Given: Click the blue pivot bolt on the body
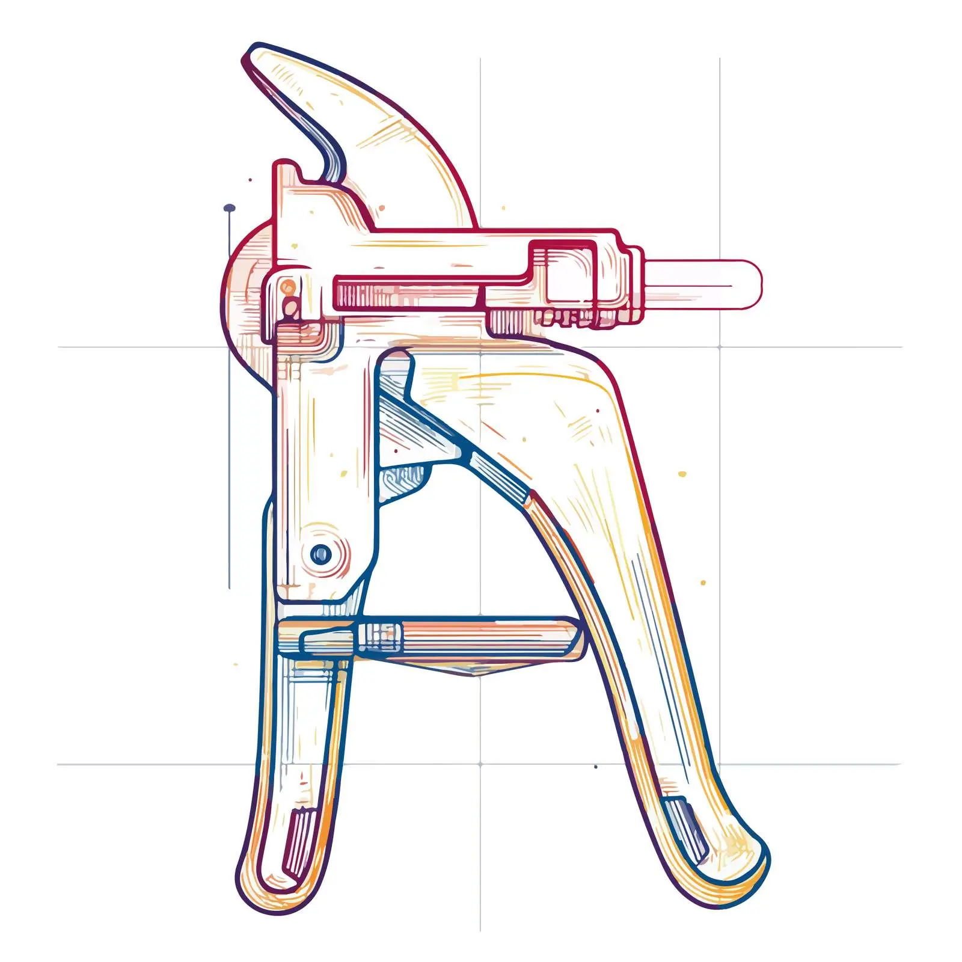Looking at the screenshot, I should [x=321, y=553].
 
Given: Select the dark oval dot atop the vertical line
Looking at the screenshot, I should [x=229, y=208].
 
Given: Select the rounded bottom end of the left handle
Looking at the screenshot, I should [x=265, y=890].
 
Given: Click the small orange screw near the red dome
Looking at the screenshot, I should [x=289, y=287].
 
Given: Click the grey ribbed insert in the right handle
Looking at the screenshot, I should [x=685, y=827].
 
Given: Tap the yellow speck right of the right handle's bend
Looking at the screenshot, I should [x=682, y=474].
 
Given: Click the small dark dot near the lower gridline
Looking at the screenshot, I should [x=595, y=767].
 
